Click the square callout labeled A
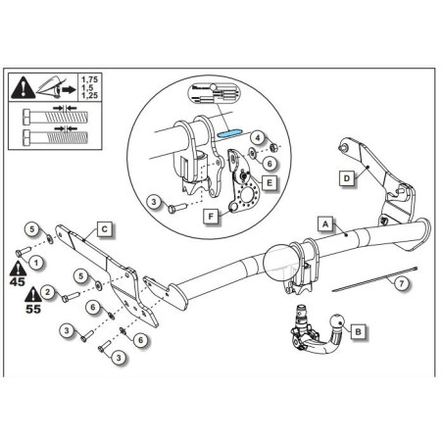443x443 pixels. pos(325,224)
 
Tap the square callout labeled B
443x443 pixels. pos(359,331)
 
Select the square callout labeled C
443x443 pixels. pos(105,229)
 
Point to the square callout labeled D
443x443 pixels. pos(347,178)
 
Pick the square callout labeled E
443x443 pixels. pos(270,182)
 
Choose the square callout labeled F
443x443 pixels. pos(211,217)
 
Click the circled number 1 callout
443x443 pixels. pos(36,263)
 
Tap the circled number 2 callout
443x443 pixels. pos(48,291)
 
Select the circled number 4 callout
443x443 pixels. pos(258,138)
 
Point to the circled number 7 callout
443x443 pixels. pos(402,283)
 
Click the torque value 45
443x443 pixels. pos(17,281)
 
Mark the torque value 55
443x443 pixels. pos(33,309)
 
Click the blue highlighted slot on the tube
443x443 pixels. pos(229,133)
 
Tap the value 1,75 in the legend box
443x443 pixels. pos(89,79)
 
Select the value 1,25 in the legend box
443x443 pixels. pos(89,95)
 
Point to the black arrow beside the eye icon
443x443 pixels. pos(69,89)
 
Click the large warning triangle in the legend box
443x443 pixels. pos(24,87)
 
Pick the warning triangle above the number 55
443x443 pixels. pos(33,294)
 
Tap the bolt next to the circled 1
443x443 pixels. pos(24,252)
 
